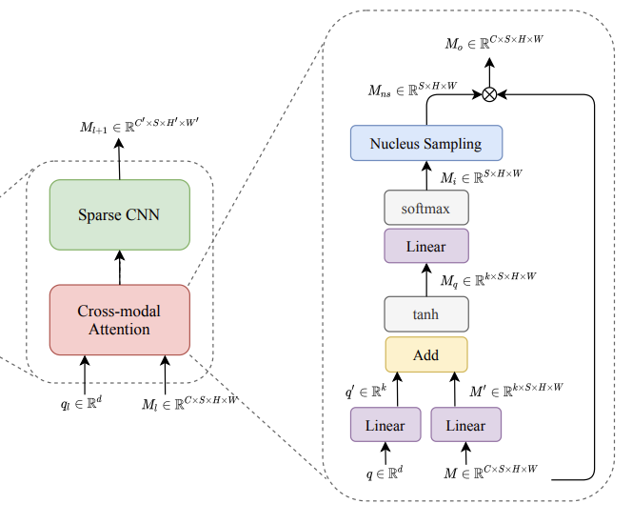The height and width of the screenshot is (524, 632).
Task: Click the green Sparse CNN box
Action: [x=120, y=214]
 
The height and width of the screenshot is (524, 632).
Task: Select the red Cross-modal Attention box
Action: [x=120, y=319]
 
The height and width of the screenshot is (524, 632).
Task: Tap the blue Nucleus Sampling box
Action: [x=425, y=144]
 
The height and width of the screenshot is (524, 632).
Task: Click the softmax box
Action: [x=425, y=208]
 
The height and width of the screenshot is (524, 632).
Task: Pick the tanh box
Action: [x=425, y=312]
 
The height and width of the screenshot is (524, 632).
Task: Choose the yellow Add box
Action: [x=425, y=354]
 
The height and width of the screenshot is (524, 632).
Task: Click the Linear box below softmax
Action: [x=425, y=246]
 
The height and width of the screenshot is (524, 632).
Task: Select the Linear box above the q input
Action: [x=385, y=425]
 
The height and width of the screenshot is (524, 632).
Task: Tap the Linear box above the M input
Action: [x=465, y=425]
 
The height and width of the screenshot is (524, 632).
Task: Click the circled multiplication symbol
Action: [x=489, y=93]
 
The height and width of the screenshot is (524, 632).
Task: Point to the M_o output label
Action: [x=495, y=41]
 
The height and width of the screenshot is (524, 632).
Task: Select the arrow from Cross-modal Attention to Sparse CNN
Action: [x=120, y=268]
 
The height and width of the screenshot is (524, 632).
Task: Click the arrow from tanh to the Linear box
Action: [x=425, y=280]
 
